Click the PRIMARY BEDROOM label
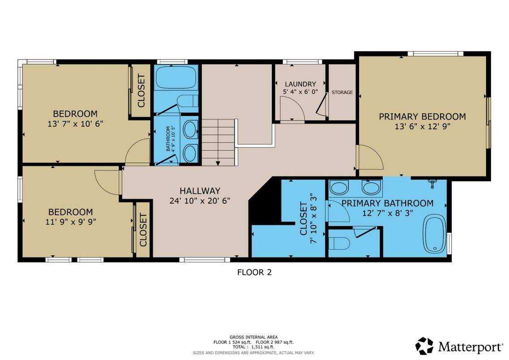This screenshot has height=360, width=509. pos(422,116)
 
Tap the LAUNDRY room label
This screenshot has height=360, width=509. pos(300,84)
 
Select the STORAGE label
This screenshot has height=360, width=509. pos(342,93)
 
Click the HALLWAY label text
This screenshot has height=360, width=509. pos(200,191)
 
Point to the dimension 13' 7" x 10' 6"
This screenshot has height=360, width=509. pos(76,124)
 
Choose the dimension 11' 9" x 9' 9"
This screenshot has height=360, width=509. pos(70,221)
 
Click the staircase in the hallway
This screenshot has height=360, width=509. pos(218,141)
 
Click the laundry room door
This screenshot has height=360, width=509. pos(291,110)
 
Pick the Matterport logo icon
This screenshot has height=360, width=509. pos(424,346)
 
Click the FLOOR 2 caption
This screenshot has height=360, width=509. pos(254,272)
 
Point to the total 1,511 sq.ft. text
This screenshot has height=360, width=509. pos(253,347)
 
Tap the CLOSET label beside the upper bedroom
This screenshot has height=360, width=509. pos(141,91)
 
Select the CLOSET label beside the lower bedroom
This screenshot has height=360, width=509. pos(143,230)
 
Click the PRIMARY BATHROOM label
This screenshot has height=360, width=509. pos(387,203)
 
